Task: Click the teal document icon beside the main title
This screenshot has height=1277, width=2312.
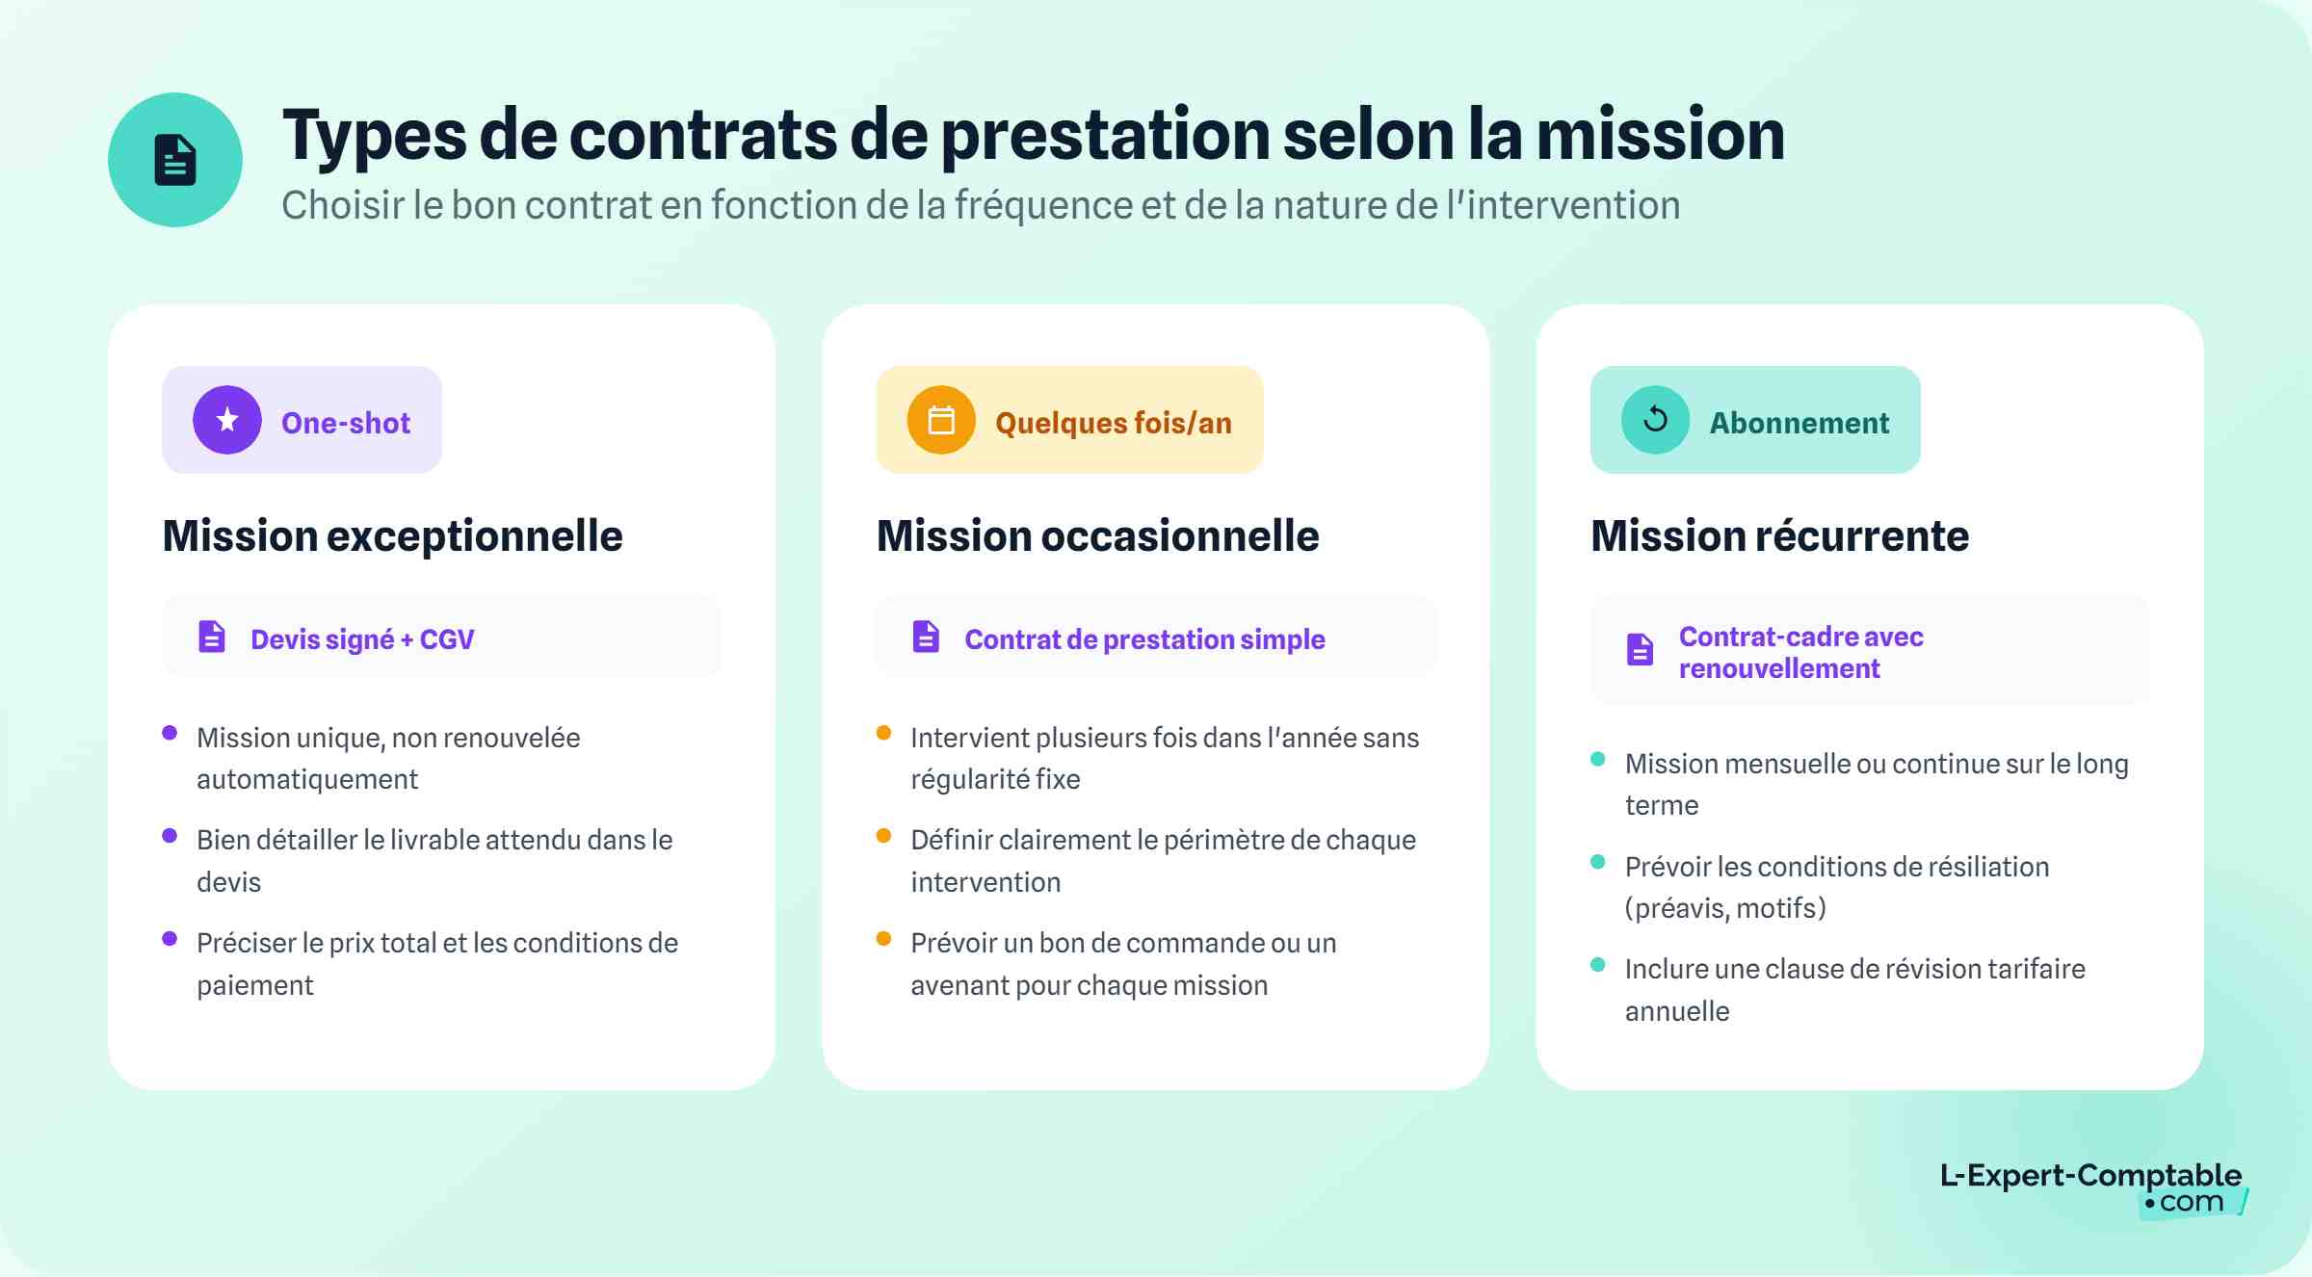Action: click(x=174, y=160)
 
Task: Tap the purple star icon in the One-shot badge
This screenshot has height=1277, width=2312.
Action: click(x=227, y=420)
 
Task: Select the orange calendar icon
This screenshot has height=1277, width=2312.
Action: click(x=941, y=420)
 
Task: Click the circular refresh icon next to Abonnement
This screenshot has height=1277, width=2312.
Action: click(x=1655, y=420)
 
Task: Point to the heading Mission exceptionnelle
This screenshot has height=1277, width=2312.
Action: click(x=392, y=535)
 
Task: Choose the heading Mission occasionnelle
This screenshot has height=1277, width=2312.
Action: click(x=1097, y=535)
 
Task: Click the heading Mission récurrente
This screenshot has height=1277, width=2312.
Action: click(x=1779, y=535)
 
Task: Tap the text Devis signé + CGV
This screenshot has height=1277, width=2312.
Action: click(x=362, y=639)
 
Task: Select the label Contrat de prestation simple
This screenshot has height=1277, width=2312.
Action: click(x=1144, y=639)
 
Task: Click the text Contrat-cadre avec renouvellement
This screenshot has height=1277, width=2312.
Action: click(x=1800, y=652)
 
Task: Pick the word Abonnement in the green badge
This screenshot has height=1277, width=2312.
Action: click(x=1799, y=423)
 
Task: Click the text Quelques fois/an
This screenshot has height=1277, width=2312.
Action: click(x=1113, y=423)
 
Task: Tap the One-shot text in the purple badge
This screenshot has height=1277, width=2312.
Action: click(x=345, y=423)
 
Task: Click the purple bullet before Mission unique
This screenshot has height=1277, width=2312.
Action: click(x=170, y=733)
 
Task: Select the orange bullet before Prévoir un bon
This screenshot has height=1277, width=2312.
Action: click(x=883, y=938)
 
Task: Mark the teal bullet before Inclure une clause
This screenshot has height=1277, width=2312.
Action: click(x=1597, y=964)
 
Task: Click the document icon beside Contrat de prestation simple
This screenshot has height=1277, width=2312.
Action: click(x=926, y=637)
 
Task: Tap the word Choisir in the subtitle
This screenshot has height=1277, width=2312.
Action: click(x=343, y=205)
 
